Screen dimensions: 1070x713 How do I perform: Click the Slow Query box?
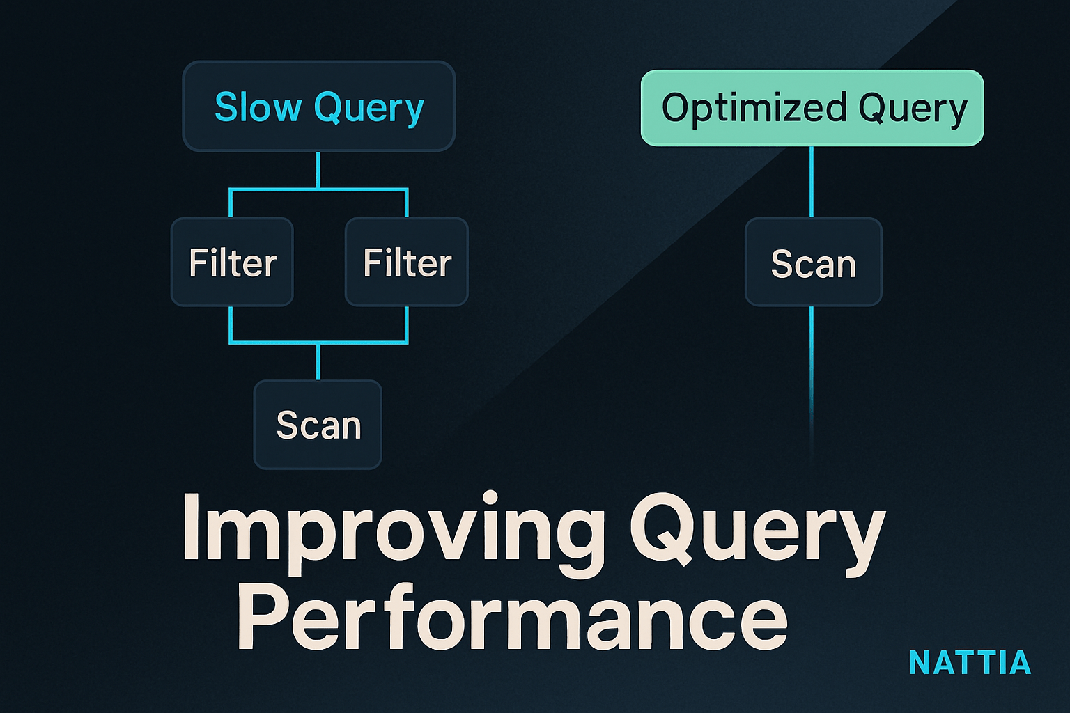point(318,106)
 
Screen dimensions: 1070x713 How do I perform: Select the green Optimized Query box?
point(812,108)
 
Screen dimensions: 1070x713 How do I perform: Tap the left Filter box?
point(232,262)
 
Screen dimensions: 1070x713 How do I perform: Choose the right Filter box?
point(407,262)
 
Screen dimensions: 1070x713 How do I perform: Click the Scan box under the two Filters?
point(318,425)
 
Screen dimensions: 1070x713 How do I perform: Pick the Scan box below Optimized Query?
point(814,262)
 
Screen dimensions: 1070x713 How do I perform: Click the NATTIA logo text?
point(970,662)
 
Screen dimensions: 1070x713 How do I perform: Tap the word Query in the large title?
point(758,533)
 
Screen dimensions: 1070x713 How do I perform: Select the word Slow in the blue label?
point(258,107)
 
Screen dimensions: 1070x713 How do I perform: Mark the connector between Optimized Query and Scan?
point(812,182)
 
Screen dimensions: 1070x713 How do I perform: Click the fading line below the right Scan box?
point(812,382)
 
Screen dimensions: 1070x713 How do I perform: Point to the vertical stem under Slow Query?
point(318,170)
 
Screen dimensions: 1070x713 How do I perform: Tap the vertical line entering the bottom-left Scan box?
point(318,361)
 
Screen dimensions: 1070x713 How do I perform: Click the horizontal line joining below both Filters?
point(318,342)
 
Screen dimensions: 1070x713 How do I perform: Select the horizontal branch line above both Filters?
point(318,189)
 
